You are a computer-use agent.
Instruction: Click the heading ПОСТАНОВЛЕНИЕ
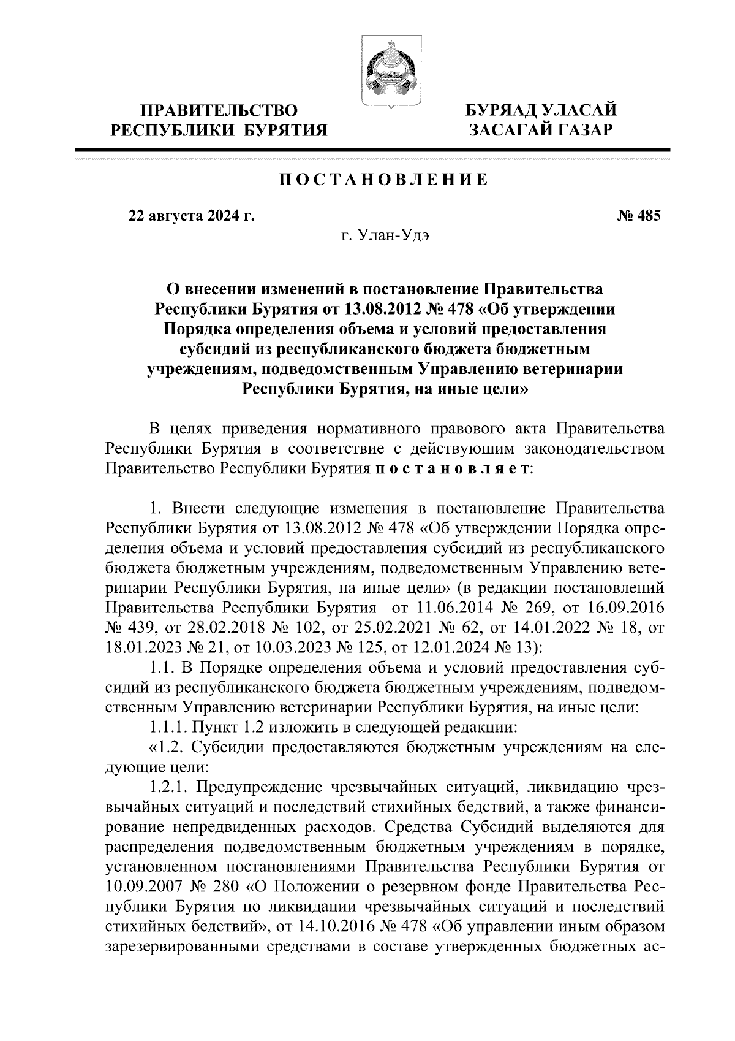point(383,180)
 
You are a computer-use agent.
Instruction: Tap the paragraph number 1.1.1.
point(169,727)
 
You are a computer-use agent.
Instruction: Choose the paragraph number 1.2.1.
point(169,787)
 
